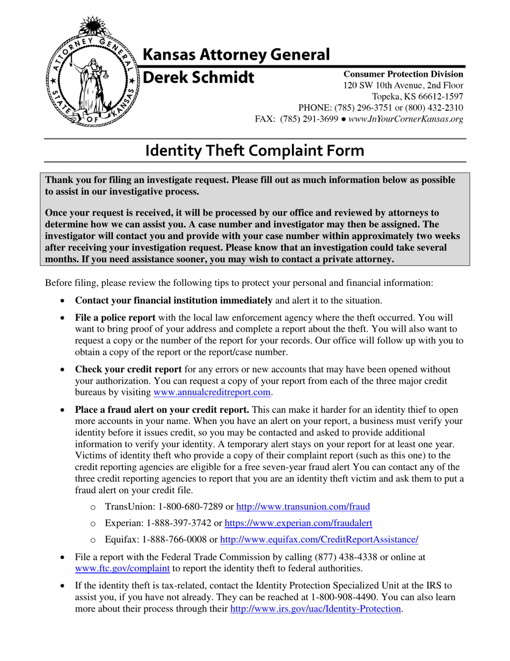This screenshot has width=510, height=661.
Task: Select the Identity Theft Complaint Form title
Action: tap(255, 150)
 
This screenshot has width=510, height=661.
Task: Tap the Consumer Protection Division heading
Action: tap(403, 74)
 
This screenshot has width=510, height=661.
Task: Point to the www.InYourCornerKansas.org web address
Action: tap(405, 119)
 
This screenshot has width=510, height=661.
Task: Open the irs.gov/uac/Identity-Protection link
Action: tap(316, 609)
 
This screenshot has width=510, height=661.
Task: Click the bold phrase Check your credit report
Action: tap(128, 369)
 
